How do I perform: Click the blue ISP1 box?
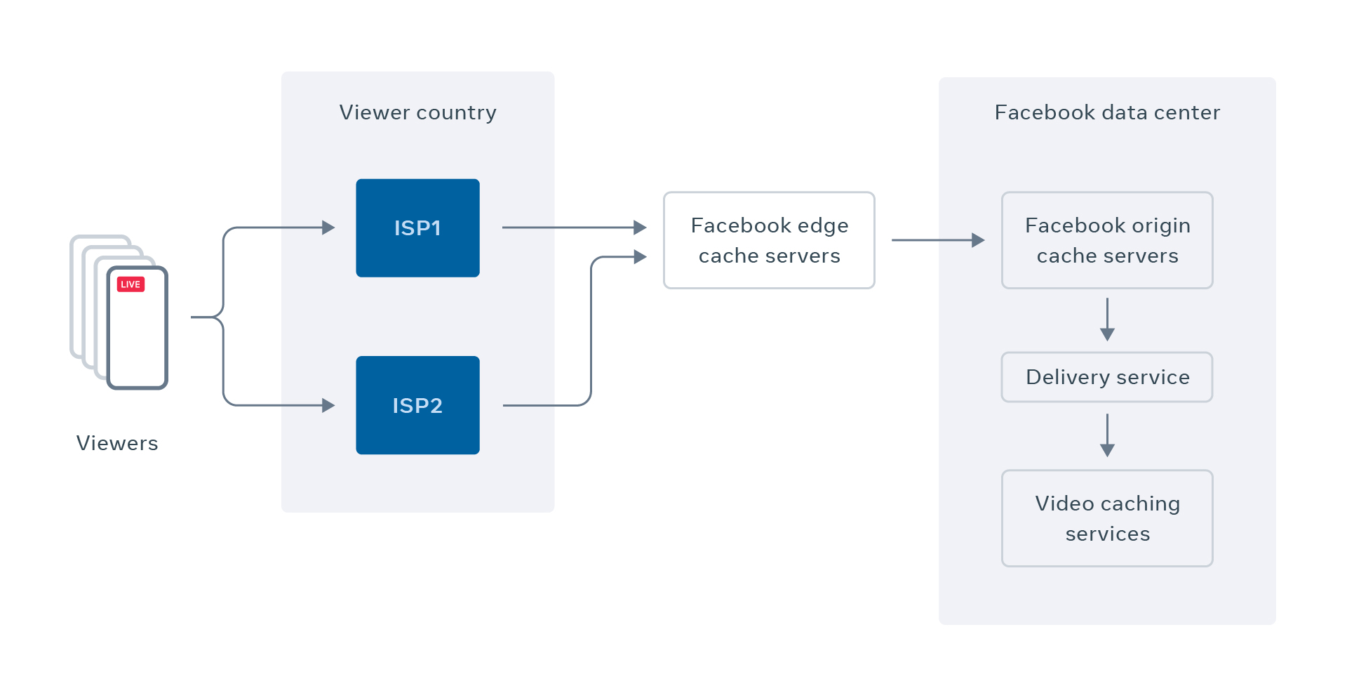tap(417, 228)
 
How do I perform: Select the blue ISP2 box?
tap(417, 405)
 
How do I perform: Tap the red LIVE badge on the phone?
tap(130, 284)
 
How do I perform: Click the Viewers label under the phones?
tap(117, 443)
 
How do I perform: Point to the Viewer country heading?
tap(417, 112)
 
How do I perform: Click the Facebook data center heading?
tap(1107, 112)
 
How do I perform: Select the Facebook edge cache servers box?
tap(769, 240)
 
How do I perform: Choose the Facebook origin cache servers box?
tap(1107, 240)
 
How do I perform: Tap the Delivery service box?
tap(1107, 377)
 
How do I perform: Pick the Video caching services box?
tap(1107, 518)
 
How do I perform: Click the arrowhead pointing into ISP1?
tap(328, 228)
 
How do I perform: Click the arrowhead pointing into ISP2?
tap(328, 405)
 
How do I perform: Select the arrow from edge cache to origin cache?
tap(937, 240)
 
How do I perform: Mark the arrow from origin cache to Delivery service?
tap(1107, 320)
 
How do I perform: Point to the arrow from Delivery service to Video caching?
tap(1107, 435)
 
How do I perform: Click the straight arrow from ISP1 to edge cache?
tap(572, 228)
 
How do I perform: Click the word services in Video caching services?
tap(1107, 534)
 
